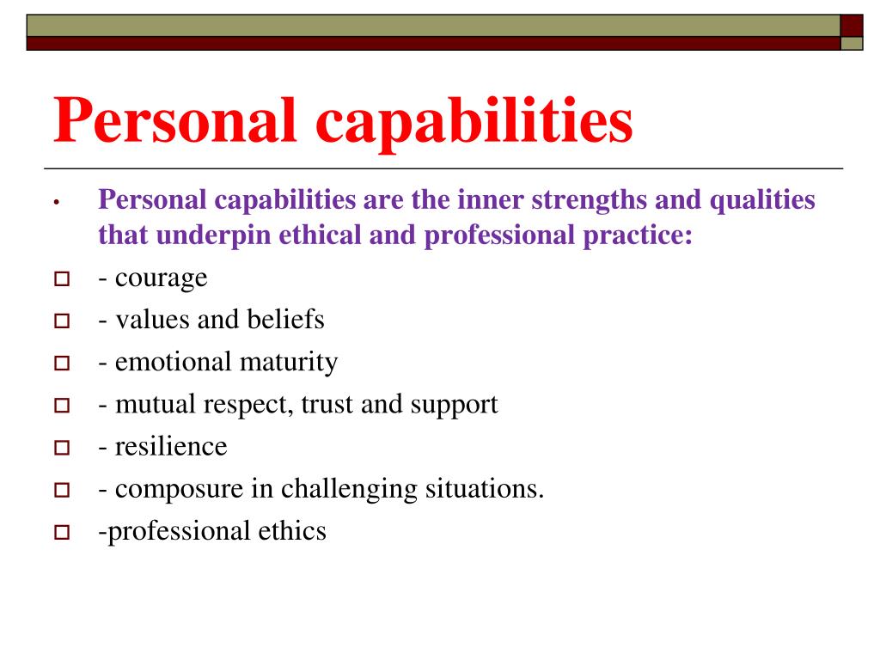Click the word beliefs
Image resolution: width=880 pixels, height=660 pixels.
pos(285,320)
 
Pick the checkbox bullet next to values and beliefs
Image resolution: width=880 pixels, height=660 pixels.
pos(61,321)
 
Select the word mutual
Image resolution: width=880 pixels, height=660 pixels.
pos(151,404)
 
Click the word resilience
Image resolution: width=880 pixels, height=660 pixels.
pos(171,446)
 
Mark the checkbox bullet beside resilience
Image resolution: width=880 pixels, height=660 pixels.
pos(61,448)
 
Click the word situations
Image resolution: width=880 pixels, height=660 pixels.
pos(485,488)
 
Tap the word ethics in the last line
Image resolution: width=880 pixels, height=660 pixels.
pos(292,530)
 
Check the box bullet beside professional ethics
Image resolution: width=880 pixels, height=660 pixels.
pos(61,532)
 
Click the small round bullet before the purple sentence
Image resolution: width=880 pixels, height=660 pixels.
pos(54,204)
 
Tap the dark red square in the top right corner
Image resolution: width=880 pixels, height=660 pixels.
pos(852,25)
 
